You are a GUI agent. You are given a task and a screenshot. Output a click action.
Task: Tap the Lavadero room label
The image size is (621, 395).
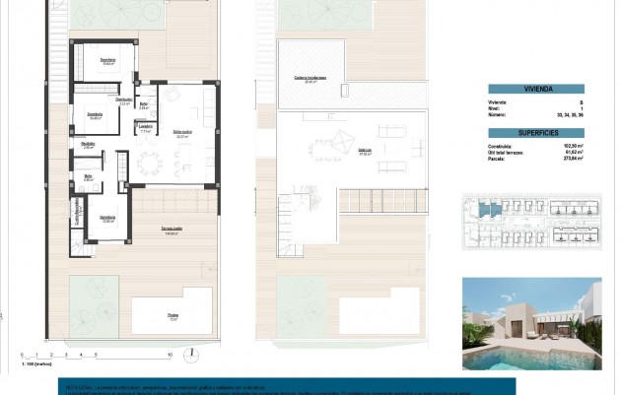144,126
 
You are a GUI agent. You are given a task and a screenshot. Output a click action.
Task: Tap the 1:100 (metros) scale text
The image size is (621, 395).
35,363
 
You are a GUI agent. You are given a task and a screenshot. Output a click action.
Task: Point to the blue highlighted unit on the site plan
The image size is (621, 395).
484,210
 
